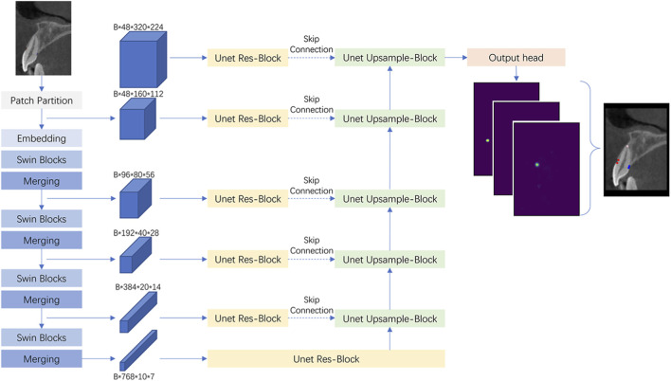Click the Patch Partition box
click(42, 100)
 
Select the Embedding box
click(42, 138)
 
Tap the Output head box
click(517, 58)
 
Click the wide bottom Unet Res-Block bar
click(326, 359)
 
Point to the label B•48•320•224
click(138, 27)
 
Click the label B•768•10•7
click(134, 376)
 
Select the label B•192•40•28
click(136, 233)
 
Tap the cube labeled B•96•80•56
click(136, 198)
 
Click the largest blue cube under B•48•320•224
click(143, 59)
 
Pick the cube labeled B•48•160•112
click(137, 118)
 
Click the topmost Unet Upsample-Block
click(390, 58)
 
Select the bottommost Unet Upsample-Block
click(390, 318)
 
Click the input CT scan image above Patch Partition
click(44, 38)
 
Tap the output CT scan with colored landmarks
click(636, 150)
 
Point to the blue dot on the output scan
click(628, 167)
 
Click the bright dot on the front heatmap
click(537, 164)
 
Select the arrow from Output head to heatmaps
click(517, 74)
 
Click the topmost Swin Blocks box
click(42, 159)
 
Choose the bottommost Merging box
click(42, 359)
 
